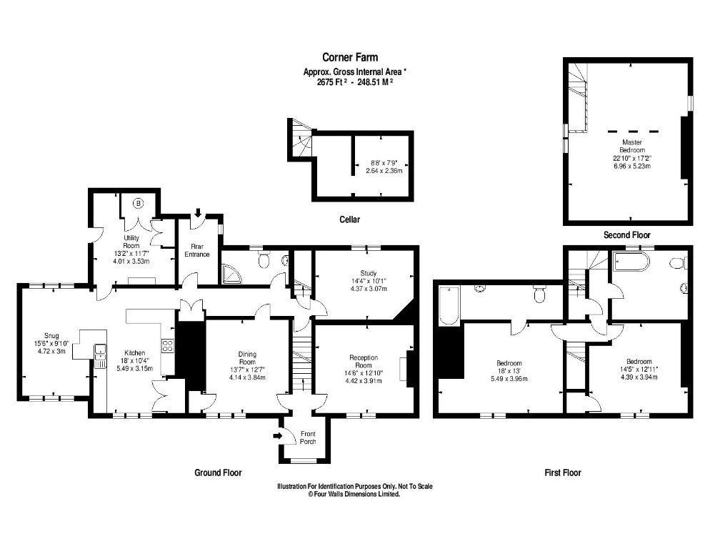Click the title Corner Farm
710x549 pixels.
pos(349,57)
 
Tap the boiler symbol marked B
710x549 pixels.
pos(139,203)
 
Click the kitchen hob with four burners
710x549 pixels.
pos(169,346)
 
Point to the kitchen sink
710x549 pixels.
pos(100,350)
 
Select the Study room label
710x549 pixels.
pos(368,272)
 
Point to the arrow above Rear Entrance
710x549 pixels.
pos(198,212)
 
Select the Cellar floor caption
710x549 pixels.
pos(349,219)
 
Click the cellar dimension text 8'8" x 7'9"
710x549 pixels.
pos(386,162)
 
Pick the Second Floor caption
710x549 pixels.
pos(626,234)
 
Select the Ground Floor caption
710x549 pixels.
pos(218,473)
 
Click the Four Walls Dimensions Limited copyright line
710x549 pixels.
pos(354,494)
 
